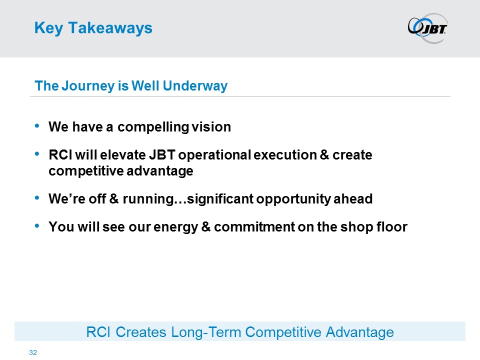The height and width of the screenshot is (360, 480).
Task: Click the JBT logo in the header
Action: pyautogui.click(x=427, y=28)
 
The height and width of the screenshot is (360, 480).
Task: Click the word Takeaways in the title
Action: pyautogui.click(x=110, y=28)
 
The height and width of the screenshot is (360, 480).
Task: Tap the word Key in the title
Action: pyautogui.click(x=48, y=28)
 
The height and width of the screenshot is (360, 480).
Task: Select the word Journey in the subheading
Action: pyautogui.click(x=88, y=86)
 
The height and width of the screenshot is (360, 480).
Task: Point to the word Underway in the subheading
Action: pyautogui.click(x=195, y=85)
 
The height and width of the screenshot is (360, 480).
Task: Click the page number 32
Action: pyautogui.click(x=33, y=352)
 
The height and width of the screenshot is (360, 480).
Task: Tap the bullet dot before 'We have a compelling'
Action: pyautogui.click(x=37, y=125)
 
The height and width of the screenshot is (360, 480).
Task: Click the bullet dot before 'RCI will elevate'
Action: pyautogui.click(x=37, y=153)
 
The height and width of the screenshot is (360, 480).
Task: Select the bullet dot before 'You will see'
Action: pyautogui.click(x=37, y=225)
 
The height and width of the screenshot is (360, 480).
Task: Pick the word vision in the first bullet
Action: pyautogui.click(x=211, y=126)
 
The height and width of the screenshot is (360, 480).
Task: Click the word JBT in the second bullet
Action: pyautogui.click(x=162, y=155)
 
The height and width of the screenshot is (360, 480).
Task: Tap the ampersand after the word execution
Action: pyautogui.click(x=324, y=155)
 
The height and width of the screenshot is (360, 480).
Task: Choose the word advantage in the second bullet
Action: pyautogui.click(x=160, y=171)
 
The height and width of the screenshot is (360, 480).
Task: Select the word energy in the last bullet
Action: pyautogui.click(x=175, y=227)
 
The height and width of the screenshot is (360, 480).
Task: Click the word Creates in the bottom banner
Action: pyautogui.click(x=141, y=332)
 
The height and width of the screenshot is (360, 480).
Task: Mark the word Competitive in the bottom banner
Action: pyautogui.click(x=283, y=332)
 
